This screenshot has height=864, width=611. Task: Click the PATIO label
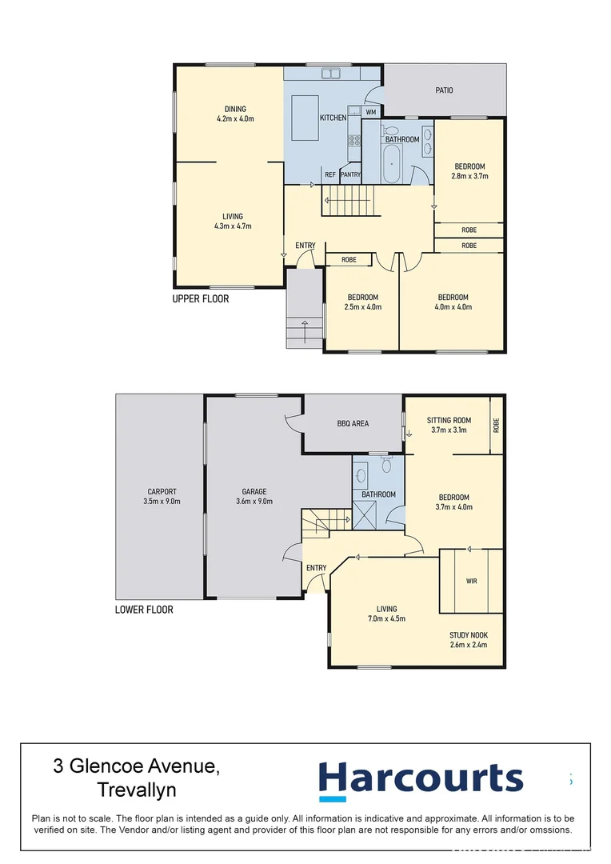[x=444, y=90]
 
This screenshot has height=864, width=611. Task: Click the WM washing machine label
[x=371, y=112]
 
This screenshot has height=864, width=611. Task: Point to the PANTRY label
[x=350, y=174]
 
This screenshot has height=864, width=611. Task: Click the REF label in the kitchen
[x=329, y=174]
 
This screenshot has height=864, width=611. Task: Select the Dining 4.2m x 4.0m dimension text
[x=235, y=119]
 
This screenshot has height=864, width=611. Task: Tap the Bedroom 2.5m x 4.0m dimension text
[x=362, y=306]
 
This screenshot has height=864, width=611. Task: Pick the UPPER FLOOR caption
[x=201, y=299]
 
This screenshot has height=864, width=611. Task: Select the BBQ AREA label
[x=353, y=423]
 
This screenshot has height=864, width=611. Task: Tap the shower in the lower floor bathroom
[x=365, y=519]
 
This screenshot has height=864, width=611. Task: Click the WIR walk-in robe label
[x=471, y=581]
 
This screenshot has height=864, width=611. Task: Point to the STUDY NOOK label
[x=468, y=635]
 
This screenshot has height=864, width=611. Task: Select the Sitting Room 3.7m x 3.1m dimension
[x=449, y=430]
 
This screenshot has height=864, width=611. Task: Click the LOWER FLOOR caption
[x=144, y=610]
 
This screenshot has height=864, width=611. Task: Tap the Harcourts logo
[x=421, y=779]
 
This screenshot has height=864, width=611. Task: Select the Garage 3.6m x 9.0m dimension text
[x=254, y=502]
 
